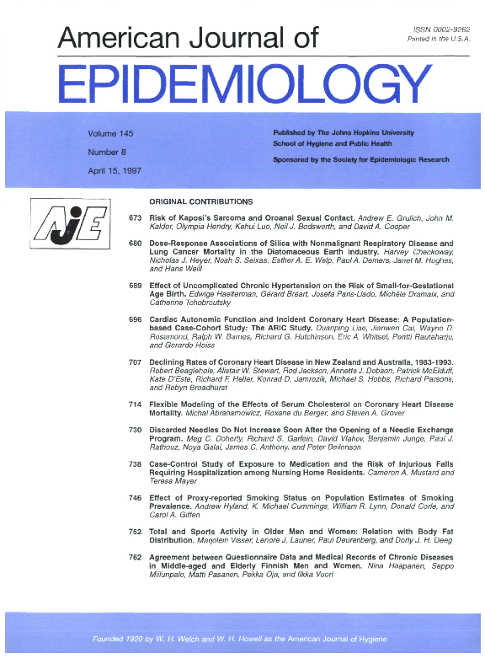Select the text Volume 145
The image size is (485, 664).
[110, 134]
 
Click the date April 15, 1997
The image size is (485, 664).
[114, 170]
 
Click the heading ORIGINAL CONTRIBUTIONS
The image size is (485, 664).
[200, 202]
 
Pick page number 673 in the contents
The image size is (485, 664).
[135, 218]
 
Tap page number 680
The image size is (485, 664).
[135, 244]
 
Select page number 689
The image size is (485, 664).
[135, 286]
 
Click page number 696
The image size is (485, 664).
[135, 320]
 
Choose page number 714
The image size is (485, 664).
[135, 404]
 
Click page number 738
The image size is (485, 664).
[135, 464]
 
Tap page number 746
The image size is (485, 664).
[135, 498]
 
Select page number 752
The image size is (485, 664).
[135, 532]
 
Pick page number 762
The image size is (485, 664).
[135, 557]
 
